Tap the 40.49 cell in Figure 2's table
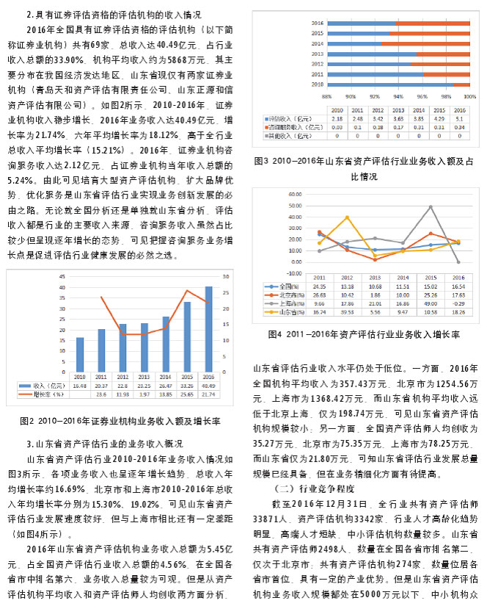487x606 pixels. click(x=208, y=385)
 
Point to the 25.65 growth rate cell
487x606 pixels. click(x=187, y=394)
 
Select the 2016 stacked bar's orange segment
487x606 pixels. click(x=433, y=23)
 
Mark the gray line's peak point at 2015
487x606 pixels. click(x=431, y=206)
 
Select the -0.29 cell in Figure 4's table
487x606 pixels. click(x=457, y=303)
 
